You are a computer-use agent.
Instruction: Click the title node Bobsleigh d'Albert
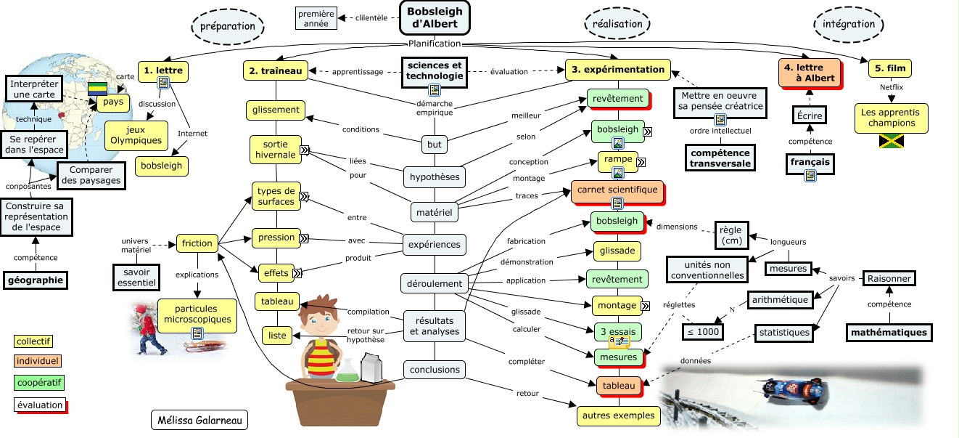pos(435,17)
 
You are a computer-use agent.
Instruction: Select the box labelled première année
pos(316,17)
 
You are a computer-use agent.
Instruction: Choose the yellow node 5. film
pos(889,69)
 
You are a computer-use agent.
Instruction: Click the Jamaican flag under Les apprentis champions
pos(889,141)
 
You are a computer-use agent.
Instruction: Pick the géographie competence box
pos(36,280)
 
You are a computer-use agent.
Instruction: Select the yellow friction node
pos(197,244)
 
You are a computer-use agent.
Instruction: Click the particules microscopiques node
pos(197,315)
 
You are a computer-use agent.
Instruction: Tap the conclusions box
pos(435,370)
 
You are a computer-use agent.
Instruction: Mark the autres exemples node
pos(619,416)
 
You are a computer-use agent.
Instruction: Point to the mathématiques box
pos(889,333)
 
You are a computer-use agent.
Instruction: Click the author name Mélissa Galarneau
pos(199,420)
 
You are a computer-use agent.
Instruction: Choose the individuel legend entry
pos(38,361)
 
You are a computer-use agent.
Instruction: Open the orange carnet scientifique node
pos(617,191)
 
